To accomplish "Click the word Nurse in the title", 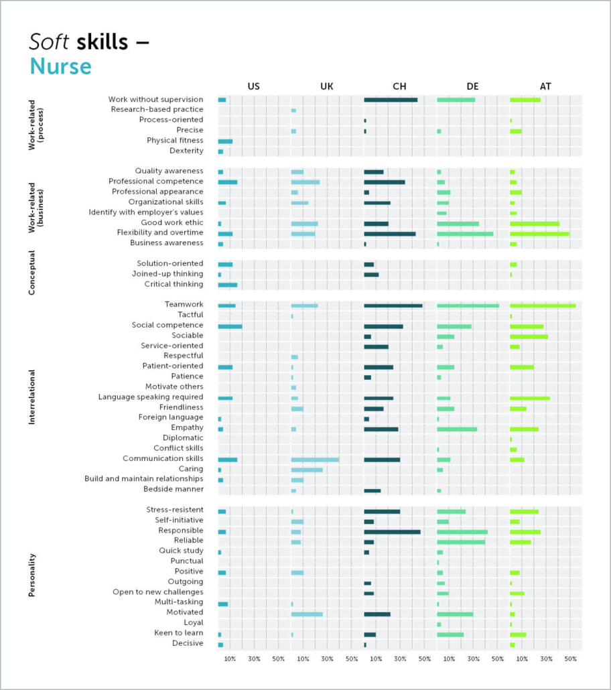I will click(60, 67).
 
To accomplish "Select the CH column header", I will click(399, 86).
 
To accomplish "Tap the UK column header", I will click(327, 86).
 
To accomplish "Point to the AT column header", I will click(545, 86).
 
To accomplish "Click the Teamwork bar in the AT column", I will click(542, 305).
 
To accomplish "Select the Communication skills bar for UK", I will click(315, 460).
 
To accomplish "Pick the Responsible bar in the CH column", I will click(392, 531).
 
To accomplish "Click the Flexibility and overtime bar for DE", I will click(465, 233).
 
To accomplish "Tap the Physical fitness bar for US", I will click(225, 141).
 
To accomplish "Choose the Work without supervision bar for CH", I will click(391, 100).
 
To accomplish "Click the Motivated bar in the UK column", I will click(307, 614).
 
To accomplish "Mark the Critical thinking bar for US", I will click(228, 285).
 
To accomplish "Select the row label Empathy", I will click(187, 427).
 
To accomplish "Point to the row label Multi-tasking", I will click(178, 602).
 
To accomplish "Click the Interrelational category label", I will click(31, 397).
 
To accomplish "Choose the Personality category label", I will click(31, 575).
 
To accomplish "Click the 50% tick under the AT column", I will click(570, 659).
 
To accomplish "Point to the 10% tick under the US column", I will click(230, 659).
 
